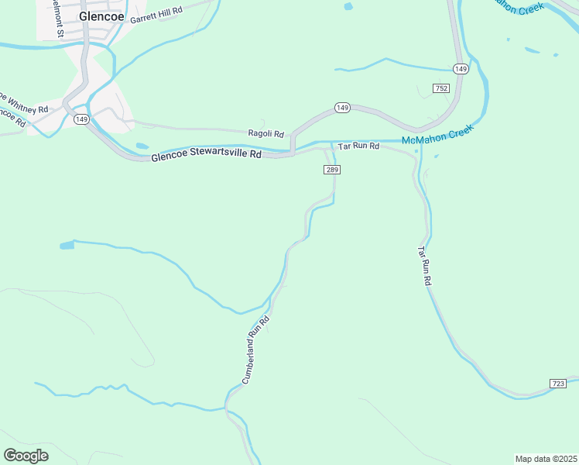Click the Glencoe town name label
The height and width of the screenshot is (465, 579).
click(102, 15)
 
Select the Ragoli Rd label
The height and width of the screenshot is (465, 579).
click(266, 133)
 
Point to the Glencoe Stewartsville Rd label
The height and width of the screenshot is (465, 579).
click(207, 156)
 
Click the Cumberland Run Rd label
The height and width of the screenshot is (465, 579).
click(255, 350)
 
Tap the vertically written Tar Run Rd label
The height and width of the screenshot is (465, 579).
click(423, 267)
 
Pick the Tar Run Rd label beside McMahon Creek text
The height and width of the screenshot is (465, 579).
click(358, 146)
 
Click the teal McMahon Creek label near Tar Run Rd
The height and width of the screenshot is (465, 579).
click(437, 140)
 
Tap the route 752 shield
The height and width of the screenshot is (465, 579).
click(441, 89)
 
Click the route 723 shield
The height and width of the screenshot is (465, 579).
click(559, 384)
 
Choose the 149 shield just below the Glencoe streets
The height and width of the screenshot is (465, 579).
click(82, 119)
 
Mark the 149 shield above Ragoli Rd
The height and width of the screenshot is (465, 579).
click(342, 107)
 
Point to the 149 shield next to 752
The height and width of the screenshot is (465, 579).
click(461, 69)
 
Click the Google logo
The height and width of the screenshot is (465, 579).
click(26, 456)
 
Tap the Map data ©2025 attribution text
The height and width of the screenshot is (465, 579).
click(546, 459)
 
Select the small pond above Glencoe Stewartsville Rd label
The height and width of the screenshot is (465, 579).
click(142, 146)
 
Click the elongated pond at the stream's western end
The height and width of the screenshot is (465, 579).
click(67, 246)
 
